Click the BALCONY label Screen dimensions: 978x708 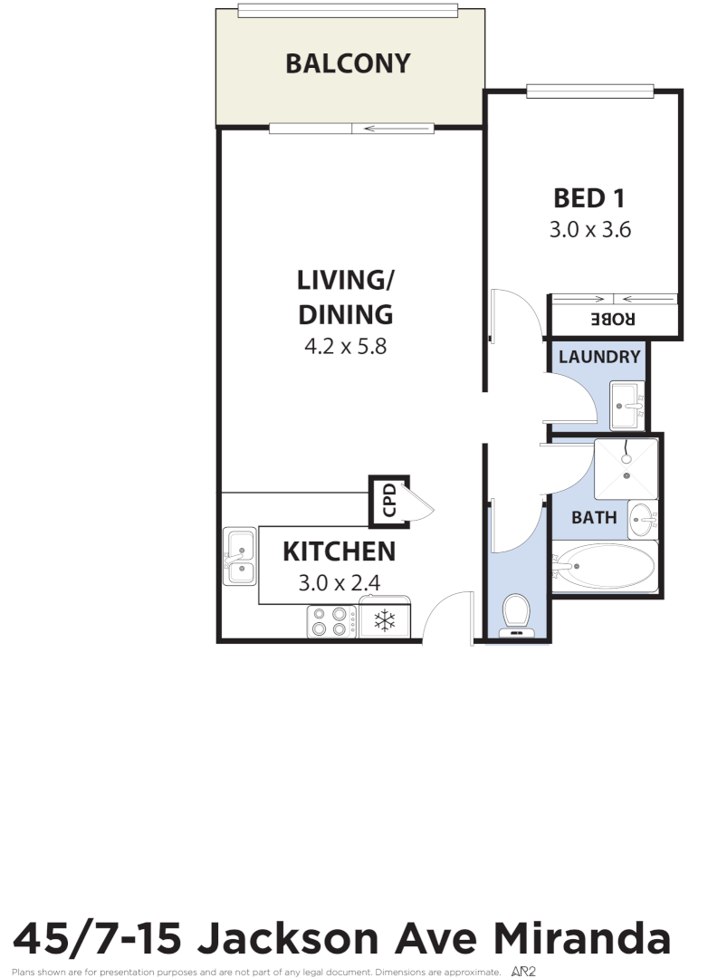coord(348,63)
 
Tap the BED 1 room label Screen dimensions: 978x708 coord(589,197)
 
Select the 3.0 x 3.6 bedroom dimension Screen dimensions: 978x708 coord(589,230)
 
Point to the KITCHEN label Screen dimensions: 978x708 coord(339,551)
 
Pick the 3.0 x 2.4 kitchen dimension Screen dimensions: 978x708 coord(339,583)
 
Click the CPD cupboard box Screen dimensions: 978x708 coord(388,501)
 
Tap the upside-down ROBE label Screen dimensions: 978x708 coord(614,320)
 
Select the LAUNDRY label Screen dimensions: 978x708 coord(598,357)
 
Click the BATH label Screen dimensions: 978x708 coord(594,518)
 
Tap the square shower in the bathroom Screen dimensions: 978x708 coord(626,468)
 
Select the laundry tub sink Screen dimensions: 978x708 coord(627,406)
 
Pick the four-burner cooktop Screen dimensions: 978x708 coord(330,621)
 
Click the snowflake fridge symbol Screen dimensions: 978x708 coord(385,621)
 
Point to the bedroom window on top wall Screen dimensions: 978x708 coord(590,91)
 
